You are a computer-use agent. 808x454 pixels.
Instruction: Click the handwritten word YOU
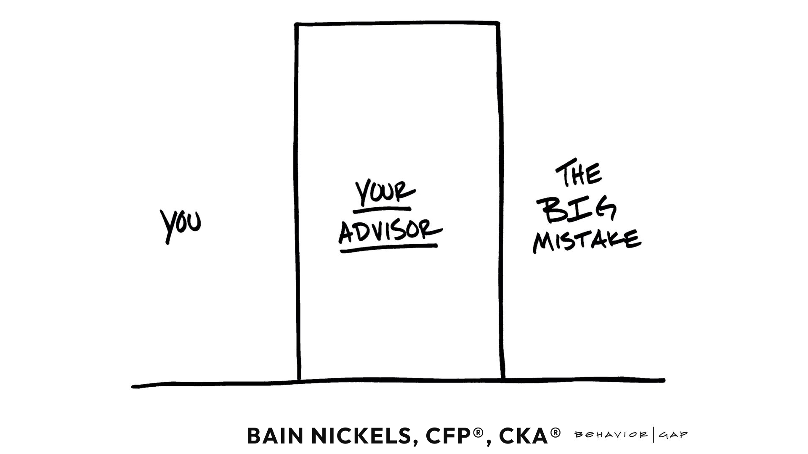181,224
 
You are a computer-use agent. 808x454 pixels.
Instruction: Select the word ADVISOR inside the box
390,231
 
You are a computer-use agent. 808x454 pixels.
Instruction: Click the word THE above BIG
579,173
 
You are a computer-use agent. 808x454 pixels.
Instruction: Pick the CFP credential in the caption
449,436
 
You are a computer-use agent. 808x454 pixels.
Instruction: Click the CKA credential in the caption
523,436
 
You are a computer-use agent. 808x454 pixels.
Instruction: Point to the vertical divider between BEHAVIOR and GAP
654,435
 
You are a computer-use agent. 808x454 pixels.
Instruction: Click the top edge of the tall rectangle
397,24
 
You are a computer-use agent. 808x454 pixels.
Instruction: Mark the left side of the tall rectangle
298,202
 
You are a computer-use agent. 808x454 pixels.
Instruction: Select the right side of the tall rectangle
501,202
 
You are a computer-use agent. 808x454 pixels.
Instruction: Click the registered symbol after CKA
555,432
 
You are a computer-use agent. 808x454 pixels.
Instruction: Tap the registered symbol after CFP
478,432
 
